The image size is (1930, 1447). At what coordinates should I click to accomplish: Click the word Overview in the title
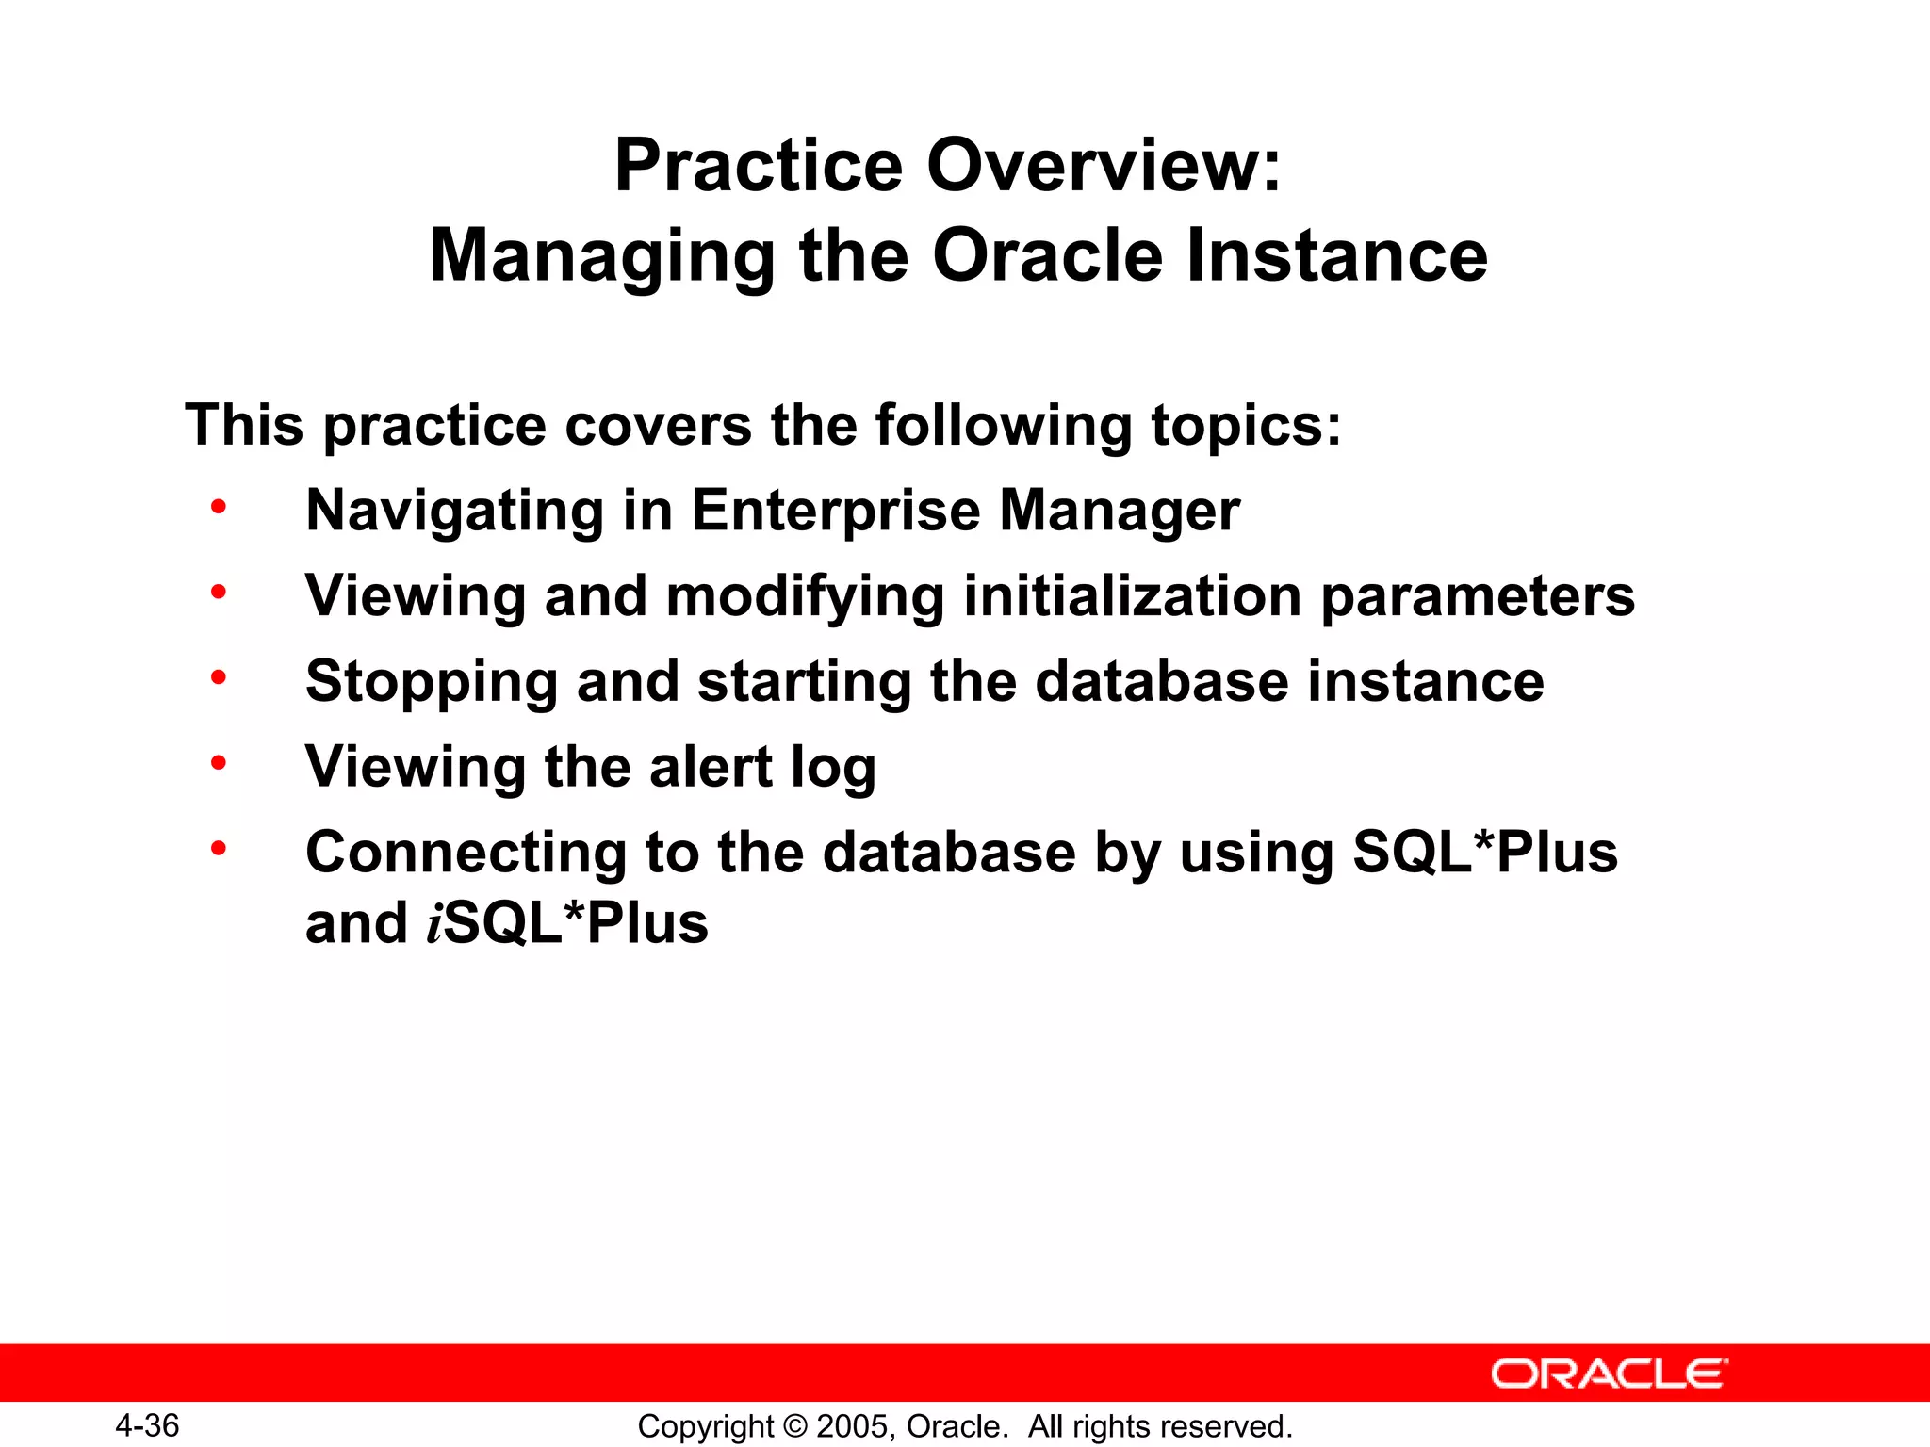click(x=1104, y=166)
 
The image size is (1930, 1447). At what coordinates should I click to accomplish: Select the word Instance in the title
click(x=1337, y=255)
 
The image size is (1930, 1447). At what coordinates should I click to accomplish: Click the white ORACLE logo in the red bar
click(x=1609, y=1374)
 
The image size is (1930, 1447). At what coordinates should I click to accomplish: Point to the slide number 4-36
click(x=148, y=1425)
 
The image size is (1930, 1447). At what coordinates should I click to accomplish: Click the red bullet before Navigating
click(x=219, y=508)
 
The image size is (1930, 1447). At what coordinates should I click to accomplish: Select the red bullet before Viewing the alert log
click(x=219, y=763)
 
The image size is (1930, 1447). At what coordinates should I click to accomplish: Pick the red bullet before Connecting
click(x=219, y=849)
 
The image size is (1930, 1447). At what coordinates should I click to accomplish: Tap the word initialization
click(x=1132, y=596)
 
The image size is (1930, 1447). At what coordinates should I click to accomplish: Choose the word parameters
click(x=1478, y=598)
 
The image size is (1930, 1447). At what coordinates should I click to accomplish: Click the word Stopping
click(x=432, y=682)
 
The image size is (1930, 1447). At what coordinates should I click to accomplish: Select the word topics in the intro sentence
click(x=1236, y=426)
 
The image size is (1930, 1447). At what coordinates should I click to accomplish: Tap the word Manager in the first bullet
click(x=1119, y=512)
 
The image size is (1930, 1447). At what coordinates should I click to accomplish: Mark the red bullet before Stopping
click(x=219, y=677)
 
